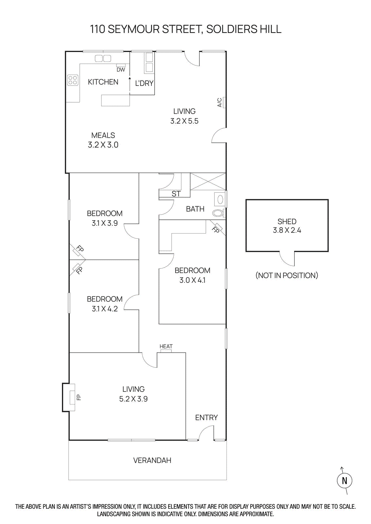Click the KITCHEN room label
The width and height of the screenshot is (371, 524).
pyautogui.click(x=103, y=82)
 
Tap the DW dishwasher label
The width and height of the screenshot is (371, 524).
pyautogui.click(x=121, y=70)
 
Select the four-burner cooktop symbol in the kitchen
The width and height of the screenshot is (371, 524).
pyautogui.click(x=73, y=80)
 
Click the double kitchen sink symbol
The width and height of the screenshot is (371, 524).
pyautogui.click(x=103, y=59)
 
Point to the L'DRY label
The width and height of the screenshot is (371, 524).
pyautogui.click(x=144, y=84)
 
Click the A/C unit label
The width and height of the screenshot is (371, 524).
pyautogui.click(x=220, y=103)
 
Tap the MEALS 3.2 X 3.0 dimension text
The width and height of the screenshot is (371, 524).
pyautogui.click(x=103, y=145)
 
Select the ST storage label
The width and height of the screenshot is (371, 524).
pyautogui.click(x=176, y=194)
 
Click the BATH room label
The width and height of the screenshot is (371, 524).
pyautogui.click(x=195, y=209)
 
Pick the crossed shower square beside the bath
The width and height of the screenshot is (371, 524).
pyautogui.click(x=208, y=181)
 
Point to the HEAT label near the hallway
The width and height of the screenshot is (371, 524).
pyautogui.click(x=166, y=346)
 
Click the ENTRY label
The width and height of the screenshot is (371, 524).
pyautogui.click(x=206, y=418)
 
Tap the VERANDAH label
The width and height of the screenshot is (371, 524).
pyautogui.click(x=152, y=460)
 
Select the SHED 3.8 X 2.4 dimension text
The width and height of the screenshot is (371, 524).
pyautogui.click(x=287, y=230)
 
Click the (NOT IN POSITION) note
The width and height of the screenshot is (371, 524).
pyautogui.click(x=287, y=275)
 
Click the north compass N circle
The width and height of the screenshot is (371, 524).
pyautogui.click(x=344, y=481)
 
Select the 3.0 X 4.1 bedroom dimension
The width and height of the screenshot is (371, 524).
pyautogui.click(x=192, y=280)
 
